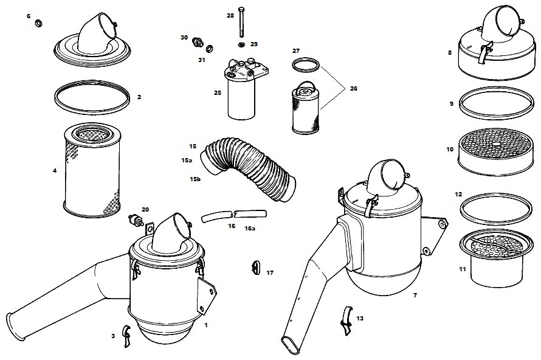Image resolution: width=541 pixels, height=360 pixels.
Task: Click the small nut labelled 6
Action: tap(39, 24)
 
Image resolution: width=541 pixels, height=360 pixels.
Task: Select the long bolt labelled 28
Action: tap(241, 21)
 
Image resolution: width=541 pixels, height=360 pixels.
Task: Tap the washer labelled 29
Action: tap(241, 44)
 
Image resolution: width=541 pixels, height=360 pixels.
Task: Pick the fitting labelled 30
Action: tap(198, 42)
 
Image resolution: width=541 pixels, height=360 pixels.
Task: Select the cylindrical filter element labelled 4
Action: tap(92, 171)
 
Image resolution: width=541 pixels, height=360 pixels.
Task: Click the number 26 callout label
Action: tap(354, 89)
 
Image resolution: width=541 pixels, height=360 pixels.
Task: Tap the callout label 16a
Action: tap(250, 228)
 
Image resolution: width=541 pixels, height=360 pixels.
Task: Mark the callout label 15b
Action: tap(195, 179)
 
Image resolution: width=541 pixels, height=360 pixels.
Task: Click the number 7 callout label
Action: tap(415, 296)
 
